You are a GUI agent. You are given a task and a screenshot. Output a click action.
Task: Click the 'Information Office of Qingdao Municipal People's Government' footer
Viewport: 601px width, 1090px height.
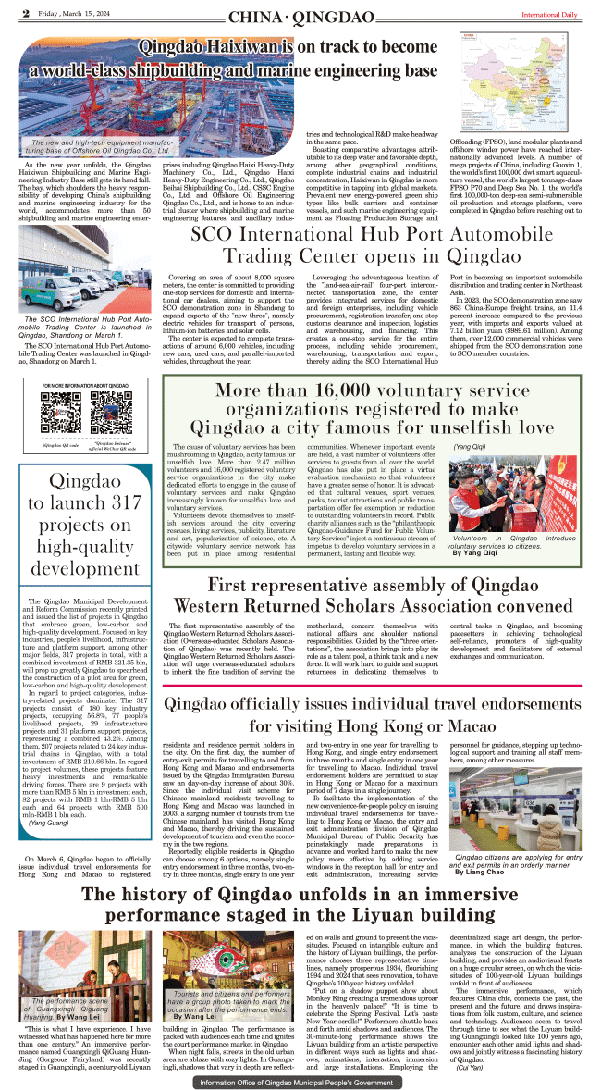[300, 1080]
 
